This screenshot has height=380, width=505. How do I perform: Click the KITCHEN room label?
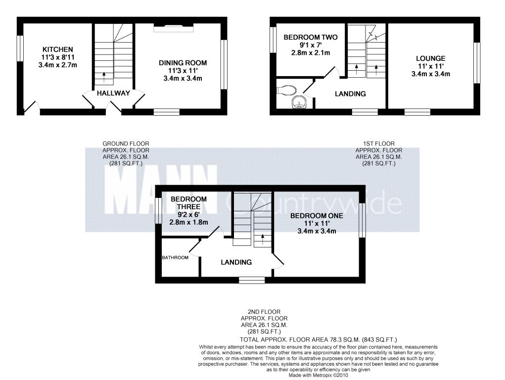(58, 49)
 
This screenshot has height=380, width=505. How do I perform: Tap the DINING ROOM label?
(183, 63)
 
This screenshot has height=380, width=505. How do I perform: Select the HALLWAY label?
(113, 93)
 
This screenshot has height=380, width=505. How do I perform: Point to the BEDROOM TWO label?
(311, 38)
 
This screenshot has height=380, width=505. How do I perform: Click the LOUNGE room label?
(431, 59)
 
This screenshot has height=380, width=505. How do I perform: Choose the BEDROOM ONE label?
(317, 216)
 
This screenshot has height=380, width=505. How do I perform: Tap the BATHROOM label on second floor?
(175, 257)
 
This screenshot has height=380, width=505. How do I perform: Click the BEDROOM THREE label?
(189, 203)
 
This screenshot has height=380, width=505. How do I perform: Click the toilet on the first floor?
(286, 90)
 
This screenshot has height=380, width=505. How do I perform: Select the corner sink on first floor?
(300, 102)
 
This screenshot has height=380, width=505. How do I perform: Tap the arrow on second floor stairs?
(263, 239)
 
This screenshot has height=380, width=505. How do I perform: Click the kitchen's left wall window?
(20, 48)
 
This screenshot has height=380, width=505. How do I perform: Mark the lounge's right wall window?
(477, 63)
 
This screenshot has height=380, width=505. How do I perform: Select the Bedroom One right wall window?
(362, 220)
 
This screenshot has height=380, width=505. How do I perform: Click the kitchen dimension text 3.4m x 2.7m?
(58, 65)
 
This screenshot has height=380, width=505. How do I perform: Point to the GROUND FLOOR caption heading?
(126, 144)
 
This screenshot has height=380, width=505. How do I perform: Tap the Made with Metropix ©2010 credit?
(318, 376)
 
